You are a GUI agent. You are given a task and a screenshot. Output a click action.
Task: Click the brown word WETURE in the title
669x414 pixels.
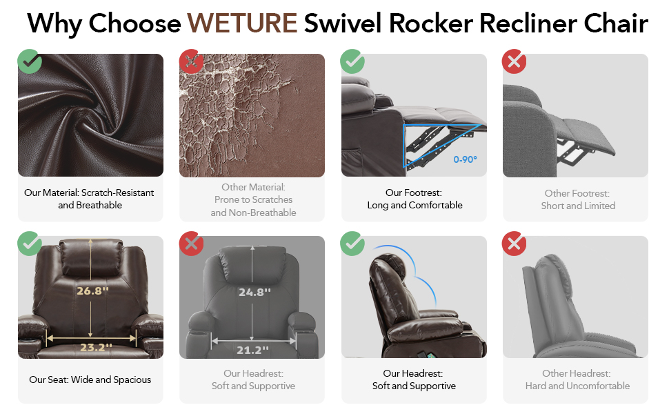click(x=242, y=23)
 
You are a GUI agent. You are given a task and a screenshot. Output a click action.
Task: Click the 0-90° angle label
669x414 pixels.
click(x=465, y=159)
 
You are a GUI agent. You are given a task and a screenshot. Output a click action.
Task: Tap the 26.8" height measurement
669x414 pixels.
click(x=92, y=291)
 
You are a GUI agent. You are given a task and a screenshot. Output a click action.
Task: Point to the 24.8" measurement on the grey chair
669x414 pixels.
click(x=254, y=293)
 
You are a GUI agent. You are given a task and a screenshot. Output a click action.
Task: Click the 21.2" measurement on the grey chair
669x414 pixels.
click(x=252, y=351)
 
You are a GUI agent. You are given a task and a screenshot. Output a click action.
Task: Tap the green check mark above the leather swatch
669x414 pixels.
click(x=30, y=61)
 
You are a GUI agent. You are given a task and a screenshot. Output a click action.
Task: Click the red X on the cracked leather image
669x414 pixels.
click(x=191, y=61)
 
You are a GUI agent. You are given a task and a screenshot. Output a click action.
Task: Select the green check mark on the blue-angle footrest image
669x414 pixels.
click(x=352, y=61)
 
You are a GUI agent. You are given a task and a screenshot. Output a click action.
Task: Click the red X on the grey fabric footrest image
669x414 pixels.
click(x=514, y=61)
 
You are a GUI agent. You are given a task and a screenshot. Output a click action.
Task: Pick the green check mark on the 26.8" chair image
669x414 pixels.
click(x=30, y=244)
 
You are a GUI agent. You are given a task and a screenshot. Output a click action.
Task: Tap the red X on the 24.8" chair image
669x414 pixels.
click(x=191, y=244)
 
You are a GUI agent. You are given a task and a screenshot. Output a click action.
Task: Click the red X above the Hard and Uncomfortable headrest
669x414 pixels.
click(x=514, y=244)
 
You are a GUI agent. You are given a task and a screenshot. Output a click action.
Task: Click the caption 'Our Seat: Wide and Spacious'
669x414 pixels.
click(x=90, y=380)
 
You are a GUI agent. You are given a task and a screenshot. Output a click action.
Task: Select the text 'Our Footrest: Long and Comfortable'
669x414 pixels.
click(x=415, y=199)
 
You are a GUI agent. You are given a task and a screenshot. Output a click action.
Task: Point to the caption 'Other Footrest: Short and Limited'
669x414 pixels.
click(x=578, y=199)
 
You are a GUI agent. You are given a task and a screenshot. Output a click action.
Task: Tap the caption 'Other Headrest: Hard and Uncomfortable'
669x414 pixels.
click(x=577, y=380)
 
